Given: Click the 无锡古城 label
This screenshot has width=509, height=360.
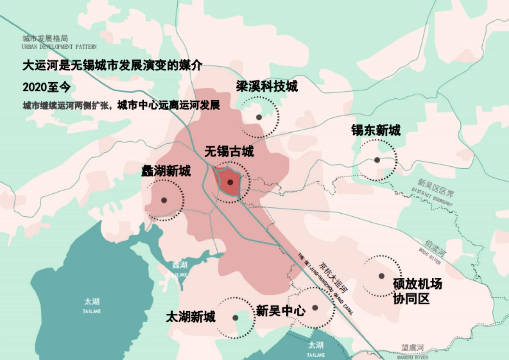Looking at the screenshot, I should tap(229, 151).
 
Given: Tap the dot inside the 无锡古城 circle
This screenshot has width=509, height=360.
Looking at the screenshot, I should tap(230, 182).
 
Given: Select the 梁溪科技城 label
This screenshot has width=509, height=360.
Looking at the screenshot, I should tap(267, 87).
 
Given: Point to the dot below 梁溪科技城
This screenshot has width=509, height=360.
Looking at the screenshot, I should tap(259, 117).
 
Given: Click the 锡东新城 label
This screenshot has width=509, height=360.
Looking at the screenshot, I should tap(375, 130).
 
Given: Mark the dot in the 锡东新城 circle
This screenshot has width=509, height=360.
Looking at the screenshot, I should tap(377, 160).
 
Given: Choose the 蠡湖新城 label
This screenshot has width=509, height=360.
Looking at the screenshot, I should tap(166, 171).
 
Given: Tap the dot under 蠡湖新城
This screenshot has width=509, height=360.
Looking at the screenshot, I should tap(164, 200).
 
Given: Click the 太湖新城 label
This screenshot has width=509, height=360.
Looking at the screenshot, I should tap(190, 317).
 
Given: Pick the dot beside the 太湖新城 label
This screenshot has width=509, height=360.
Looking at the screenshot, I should tap(235, 318).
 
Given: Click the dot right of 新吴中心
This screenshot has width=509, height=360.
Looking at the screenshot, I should tap(315, 308).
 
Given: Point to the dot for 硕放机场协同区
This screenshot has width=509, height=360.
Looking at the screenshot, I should tap(381, 276).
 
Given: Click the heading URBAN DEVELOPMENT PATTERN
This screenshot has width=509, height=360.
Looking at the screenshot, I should tap(59, 47).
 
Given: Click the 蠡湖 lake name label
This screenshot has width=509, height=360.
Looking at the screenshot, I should tap(180, 265).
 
